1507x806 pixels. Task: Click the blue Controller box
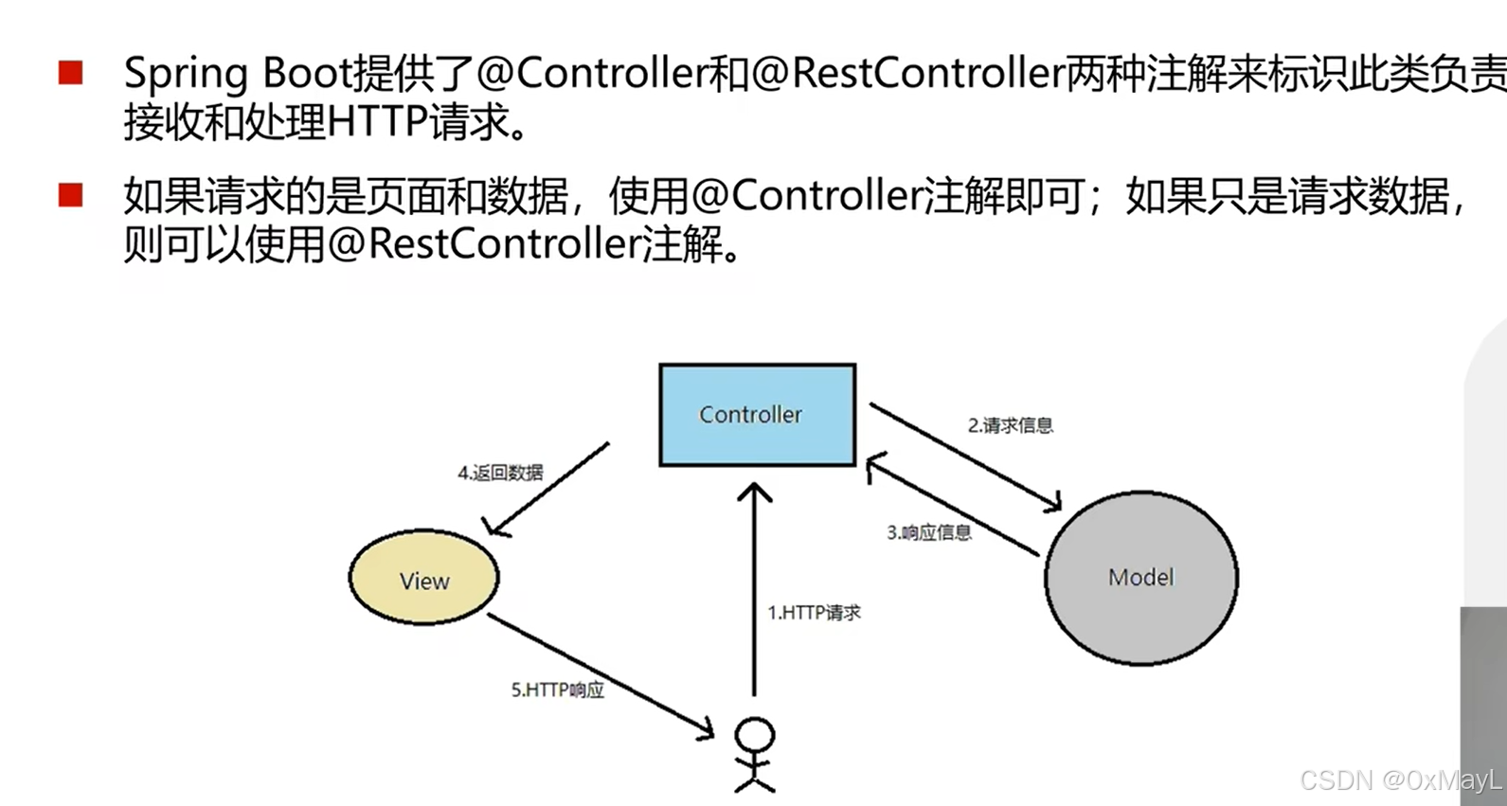pyautogui.click(x=757, y=415)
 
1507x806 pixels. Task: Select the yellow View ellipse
pyautogui.click(x=423, y=578)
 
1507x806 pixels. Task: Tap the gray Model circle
pyautogui.click(x=1140, y=577)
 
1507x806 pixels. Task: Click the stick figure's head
pyautogui.click(x=755, y=735)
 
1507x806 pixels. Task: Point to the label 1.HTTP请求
pyautogui.click(x=814, y=613)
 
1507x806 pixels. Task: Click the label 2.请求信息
pyautogui.click(x=1010, y=425)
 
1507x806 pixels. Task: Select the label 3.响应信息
pyautogui.click(x=928, y=532)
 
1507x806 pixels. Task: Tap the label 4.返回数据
pyautogui.click(x=500, y=473)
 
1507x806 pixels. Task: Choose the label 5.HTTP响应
pyautogui.click(x=557, y=690)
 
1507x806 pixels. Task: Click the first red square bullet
pyautogui.click(x=70, y=73)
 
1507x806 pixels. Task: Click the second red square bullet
pyautogui.click(x=70, y=195)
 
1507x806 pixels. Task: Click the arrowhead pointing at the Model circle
pyautogui.click(x=1053, y=503)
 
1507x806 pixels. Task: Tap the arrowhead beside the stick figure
pyautogui.click(x=706, y=730)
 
